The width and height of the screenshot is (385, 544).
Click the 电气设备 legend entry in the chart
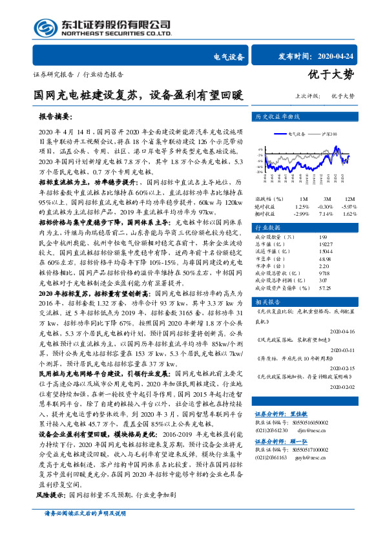tap(297, 134)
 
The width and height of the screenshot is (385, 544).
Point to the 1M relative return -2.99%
tap(302, 213)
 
